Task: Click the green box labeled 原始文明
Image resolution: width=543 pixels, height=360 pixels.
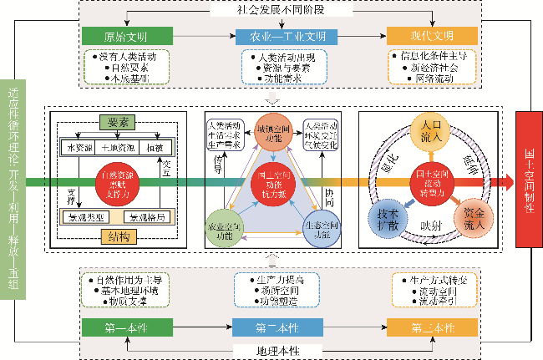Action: point(125,37)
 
